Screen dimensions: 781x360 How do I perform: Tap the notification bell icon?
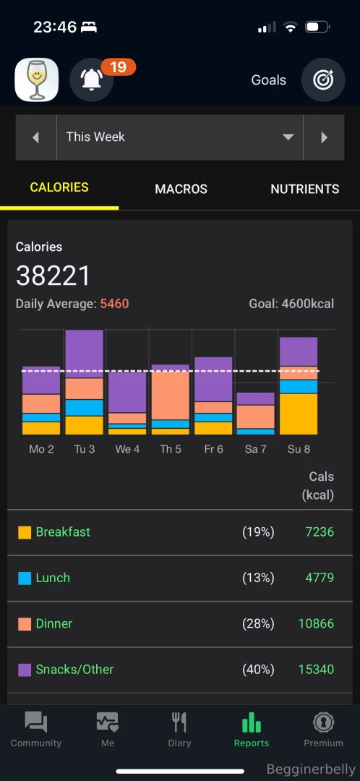[91, 80]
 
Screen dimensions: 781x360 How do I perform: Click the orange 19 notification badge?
[119, 67]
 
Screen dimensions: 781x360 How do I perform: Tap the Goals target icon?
[323, 80]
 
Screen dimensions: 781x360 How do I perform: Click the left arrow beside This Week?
[36, 137]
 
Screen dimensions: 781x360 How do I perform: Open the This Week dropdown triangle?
[288, 137]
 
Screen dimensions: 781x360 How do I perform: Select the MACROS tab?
[181, 189]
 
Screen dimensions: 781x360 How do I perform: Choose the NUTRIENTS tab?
[304, 189]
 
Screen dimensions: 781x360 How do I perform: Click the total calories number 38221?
[53, 276]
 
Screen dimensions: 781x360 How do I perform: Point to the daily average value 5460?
[114, 304]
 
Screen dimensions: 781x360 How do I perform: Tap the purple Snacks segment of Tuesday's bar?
[84, 354]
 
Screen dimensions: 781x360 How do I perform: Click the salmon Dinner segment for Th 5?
[170, 395]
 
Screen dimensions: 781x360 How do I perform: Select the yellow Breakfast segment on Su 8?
[298, 414]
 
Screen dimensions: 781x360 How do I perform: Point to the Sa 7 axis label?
[255, 449]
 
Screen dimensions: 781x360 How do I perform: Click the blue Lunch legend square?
[25, 578]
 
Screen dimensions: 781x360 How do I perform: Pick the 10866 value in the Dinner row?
[316, 623]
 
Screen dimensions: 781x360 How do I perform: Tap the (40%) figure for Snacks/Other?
[258, 669]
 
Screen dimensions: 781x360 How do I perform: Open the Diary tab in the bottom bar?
[179, 729]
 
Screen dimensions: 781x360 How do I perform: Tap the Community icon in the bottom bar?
[35, 723]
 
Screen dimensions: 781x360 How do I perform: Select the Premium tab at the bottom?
[323, 729]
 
